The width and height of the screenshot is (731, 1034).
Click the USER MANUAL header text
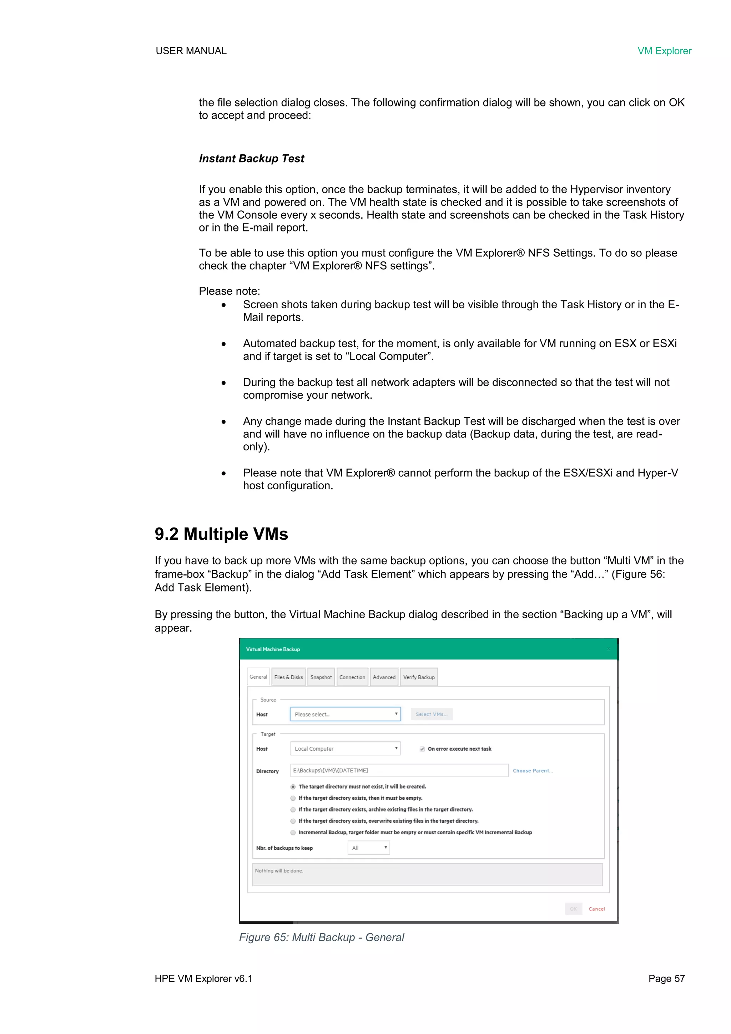191,51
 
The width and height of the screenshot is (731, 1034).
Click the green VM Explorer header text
664,51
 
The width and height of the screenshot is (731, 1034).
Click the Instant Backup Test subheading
251,159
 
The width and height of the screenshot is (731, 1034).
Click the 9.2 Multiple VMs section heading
221,534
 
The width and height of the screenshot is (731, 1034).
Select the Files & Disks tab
288,677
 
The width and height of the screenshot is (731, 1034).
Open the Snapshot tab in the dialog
321,677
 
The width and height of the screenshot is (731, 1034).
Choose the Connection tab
352,677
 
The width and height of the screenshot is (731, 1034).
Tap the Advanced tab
384,677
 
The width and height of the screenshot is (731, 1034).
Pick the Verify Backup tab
419,677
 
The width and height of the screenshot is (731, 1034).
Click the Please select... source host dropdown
345,714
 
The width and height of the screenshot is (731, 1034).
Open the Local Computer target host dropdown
345,749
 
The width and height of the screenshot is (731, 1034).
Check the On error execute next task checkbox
422,749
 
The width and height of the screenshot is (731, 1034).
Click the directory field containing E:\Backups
399,770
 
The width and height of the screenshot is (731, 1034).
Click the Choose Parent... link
533,770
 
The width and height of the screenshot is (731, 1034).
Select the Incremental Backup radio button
293,832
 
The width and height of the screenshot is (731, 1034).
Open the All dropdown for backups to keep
368,848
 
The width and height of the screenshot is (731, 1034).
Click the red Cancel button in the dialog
596,909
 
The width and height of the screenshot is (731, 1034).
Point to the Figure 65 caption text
321,937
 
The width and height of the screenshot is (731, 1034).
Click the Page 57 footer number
666,979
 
